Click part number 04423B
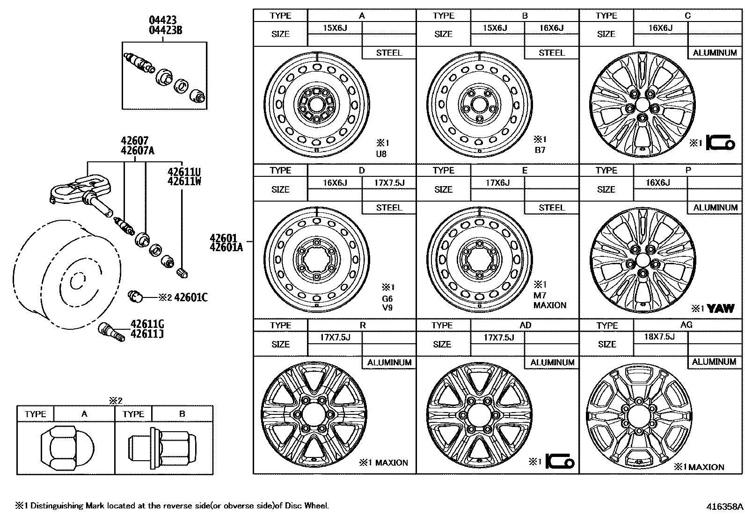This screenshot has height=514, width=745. [x=165, y=31]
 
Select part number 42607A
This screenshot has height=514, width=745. [x=137, y=151]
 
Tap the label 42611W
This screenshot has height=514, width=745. [x=184, y=181]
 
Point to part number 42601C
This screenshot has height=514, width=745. [x=191, y=297]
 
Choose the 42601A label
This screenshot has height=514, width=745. [x=226, y=248]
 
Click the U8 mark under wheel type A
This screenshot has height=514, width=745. [x=381, y=153]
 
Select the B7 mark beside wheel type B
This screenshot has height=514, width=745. [x=540, y=150]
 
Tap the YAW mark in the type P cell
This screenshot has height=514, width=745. [x=721, y=309]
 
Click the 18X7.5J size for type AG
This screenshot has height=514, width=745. [x=659, y=337]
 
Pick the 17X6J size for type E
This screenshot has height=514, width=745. [x=497, y=182]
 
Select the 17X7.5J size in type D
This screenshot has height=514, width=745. [x=389, y=182]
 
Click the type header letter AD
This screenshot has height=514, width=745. [x=525, y=325]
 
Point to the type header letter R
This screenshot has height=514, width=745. [x=362, y=325]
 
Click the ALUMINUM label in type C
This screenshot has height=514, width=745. [x=715, y=53]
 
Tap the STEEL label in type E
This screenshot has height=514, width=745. [x=552, y=208]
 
